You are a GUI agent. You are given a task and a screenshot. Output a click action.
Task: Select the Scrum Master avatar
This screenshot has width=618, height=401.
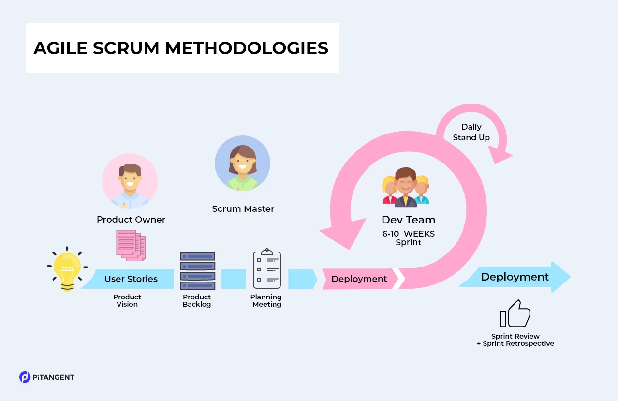click(x=242, y=163)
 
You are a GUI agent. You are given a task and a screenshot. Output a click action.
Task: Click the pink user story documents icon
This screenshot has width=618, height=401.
click(x=131, y=245)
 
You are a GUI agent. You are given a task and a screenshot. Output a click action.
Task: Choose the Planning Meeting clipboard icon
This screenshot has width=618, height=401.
click(x=266, y=269)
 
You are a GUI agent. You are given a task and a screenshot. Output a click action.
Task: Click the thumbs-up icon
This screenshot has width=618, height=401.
click(x=515, y=314)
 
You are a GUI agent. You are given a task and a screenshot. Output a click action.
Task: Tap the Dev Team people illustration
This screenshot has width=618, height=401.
click(x=406, y=187)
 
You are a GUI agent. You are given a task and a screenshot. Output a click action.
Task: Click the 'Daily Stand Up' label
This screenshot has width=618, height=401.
click(x=471, y=132)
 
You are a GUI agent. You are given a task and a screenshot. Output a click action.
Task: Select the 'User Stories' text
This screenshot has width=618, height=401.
click(x=131, y=279)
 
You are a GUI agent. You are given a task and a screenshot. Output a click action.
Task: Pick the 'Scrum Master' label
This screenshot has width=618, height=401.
click(x=243, y=209)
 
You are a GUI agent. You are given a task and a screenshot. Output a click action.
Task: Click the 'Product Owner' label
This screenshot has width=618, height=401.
click(x=131, y=220)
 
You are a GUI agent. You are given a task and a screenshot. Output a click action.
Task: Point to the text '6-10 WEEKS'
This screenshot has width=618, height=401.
click(x=408, y=234)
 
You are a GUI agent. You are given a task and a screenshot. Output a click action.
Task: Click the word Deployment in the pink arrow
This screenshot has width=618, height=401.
click(x=359, y=279)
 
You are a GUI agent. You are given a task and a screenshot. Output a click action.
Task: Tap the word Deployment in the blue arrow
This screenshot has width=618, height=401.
click(x=515, y=277)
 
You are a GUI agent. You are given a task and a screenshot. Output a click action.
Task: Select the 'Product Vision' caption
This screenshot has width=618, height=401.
click(x=127, y=300)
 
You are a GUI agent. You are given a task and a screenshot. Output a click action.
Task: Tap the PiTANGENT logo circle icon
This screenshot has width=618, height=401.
click(x=25, y=377)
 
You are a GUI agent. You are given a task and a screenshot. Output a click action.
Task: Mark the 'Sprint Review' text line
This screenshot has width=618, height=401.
click(x=515, y=336)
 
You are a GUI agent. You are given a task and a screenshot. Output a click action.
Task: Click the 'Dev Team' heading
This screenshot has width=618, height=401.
click(x=408, y=220)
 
